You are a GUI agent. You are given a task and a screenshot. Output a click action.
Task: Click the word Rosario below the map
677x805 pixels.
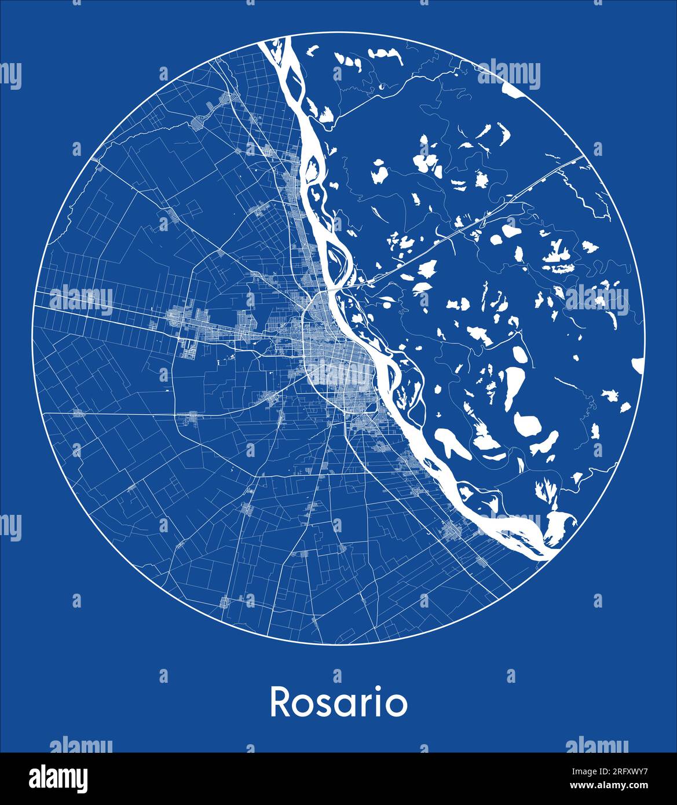pos(338,702)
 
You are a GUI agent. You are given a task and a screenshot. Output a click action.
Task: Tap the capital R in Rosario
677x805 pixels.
pos(281,702)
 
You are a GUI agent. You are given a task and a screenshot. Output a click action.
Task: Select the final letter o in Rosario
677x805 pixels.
pos(396,705)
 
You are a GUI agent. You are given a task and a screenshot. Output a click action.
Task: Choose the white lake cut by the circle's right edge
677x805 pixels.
pos(638,365)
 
